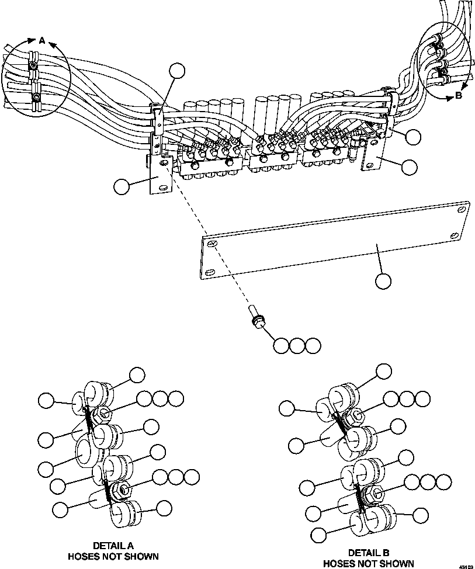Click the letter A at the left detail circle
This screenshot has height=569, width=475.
coord(41,40)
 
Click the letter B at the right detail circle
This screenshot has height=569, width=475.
coord(458,96)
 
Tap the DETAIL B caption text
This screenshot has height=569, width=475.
coord(368,552)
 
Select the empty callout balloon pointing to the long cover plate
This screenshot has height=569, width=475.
coord(383,281)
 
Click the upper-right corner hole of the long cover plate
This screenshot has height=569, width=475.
coord(462,208)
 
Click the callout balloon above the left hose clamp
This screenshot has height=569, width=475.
coord(176,71)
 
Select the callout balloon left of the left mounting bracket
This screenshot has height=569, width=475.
coord(122,187)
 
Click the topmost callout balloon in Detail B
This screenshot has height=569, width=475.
coord(384,371)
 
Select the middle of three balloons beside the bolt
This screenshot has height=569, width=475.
coord(297,345)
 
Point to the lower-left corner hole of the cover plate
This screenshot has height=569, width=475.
coord(209,271)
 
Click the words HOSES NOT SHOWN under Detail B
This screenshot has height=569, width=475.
coord(368,563)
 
